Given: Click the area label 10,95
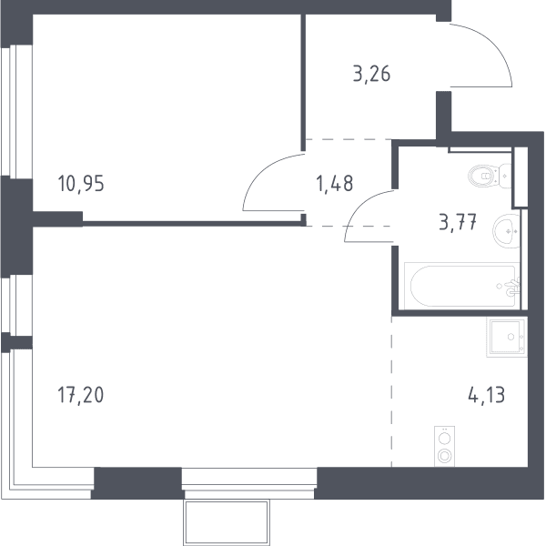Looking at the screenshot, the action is (81, 184).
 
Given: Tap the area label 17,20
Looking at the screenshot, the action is (81, 395).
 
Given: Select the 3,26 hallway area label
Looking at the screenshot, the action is (371, 74).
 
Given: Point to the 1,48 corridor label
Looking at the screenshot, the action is (334, 184).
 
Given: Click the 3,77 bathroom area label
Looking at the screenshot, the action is (458, 222).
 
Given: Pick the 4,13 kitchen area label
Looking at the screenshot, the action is (487, 395).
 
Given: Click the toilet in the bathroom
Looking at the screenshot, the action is (490, 176).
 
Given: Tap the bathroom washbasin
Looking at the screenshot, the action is (506, 231).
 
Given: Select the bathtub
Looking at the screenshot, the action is (462, 286).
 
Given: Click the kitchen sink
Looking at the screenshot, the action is (507, 337).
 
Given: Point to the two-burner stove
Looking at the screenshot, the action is (444, 447).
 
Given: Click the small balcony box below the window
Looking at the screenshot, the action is (227, 522).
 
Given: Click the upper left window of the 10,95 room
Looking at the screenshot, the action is (16, 111).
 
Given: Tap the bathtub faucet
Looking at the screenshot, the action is (512, 287).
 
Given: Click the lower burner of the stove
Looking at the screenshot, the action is (445, 456).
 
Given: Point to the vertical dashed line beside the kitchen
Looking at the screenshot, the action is (391, 391).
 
